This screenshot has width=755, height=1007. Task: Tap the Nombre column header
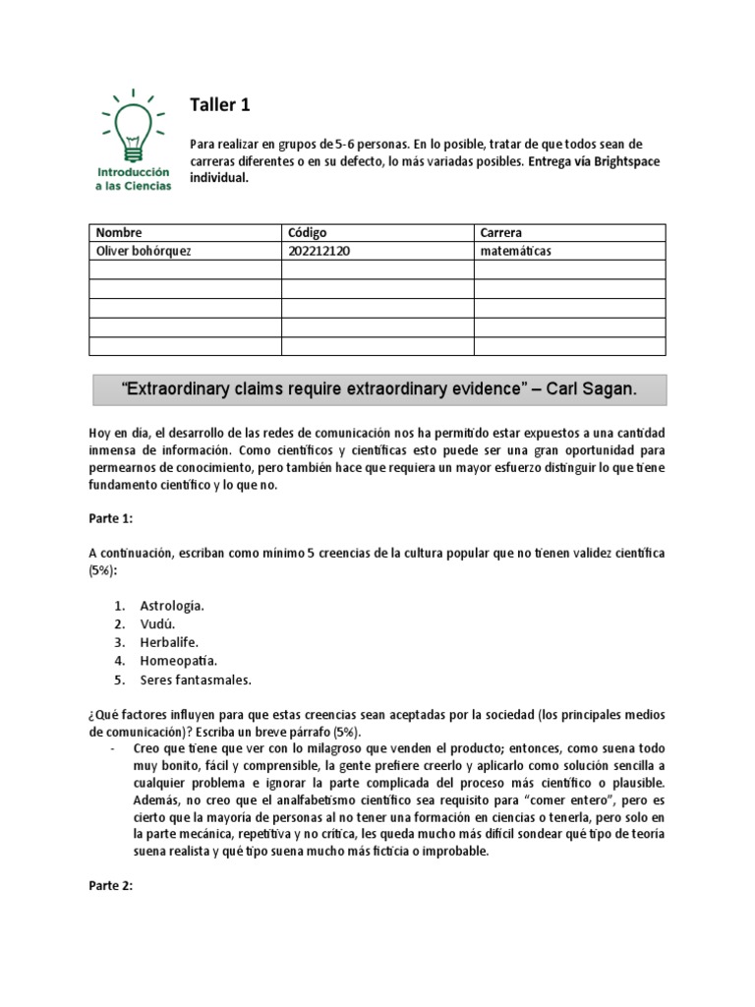[x=119, y=233]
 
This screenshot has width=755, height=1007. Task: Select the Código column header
[x=308, y=233]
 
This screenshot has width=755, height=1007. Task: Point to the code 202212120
[x=319, y=252]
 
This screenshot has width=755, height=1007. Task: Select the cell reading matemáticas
[x=516, y=252]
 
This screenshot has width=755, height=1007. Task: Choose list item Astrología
[x=172, y=605]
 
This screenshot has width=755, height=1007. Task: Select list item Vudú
[x=157, y=623]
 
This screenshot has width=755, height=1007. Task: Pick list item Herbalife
[x=169, y=642]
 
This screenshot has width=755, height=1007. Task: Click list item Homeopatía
[x=178, y=661]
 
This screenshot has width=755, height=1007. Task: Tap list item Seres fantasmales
[x=196, y=679]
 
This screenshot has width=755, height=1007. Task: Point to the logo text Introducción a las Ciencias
[x=134, y=178]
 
